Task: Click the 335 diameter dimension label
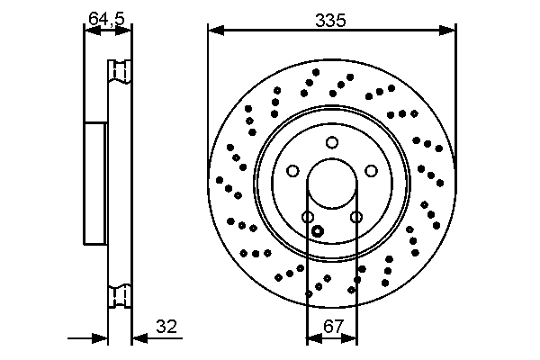[x=331, y=18]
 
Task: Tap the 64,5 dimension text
[x=107, y=18]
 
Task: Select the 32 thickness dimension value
[x=165, y=328]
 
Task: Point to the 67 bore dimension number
[x=332, y=328]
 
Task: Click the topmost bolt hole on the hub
[x=332, y=141]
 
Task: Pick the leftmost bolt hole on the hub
[x=292, y=171]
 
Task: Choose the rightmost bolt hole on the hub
[x=372, y=171]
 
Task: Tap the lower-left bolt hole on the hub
[x=308, y=217]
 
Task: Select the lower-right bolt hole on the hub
[x=356, y=217]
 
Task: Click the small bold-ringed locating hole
[x=317, y=230]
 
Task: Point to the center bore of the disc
[x=332, y=185]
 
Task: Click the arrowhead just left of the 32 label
[x=138, y=339]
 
